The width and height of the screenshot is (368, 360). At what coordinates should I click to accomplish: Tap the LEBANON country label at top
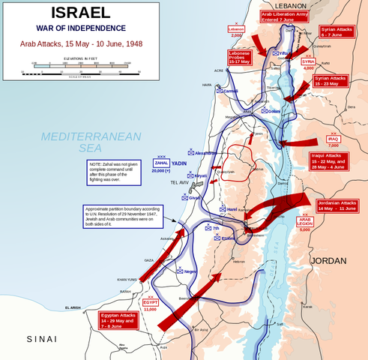click(x=275, y=4)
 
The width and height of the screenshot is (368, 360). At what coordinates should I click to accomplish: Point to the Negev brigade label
click(x=190, y=271)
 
